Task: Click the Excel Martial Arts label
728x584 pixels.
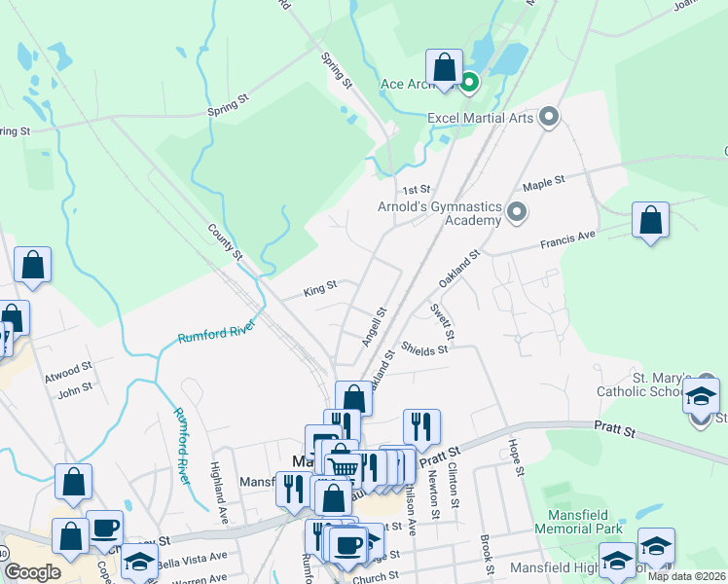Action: point(482,118)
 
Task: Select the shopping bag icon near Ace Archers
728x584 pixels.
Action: point(445,69)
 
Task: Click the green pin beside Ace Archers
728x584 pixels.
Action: point(469,82)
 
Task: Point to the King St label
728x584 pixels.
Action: point(319,288)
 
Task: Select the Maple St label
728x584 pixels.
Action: point(543,182)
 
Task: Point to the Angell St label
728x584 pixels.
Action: point(374,327)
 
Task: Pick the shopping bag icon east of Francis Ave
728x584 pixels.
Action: point(650,221)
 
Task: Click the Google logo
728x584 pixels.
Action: point(32,572)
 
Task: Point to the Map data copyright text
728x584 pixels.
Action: point(683,576)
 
